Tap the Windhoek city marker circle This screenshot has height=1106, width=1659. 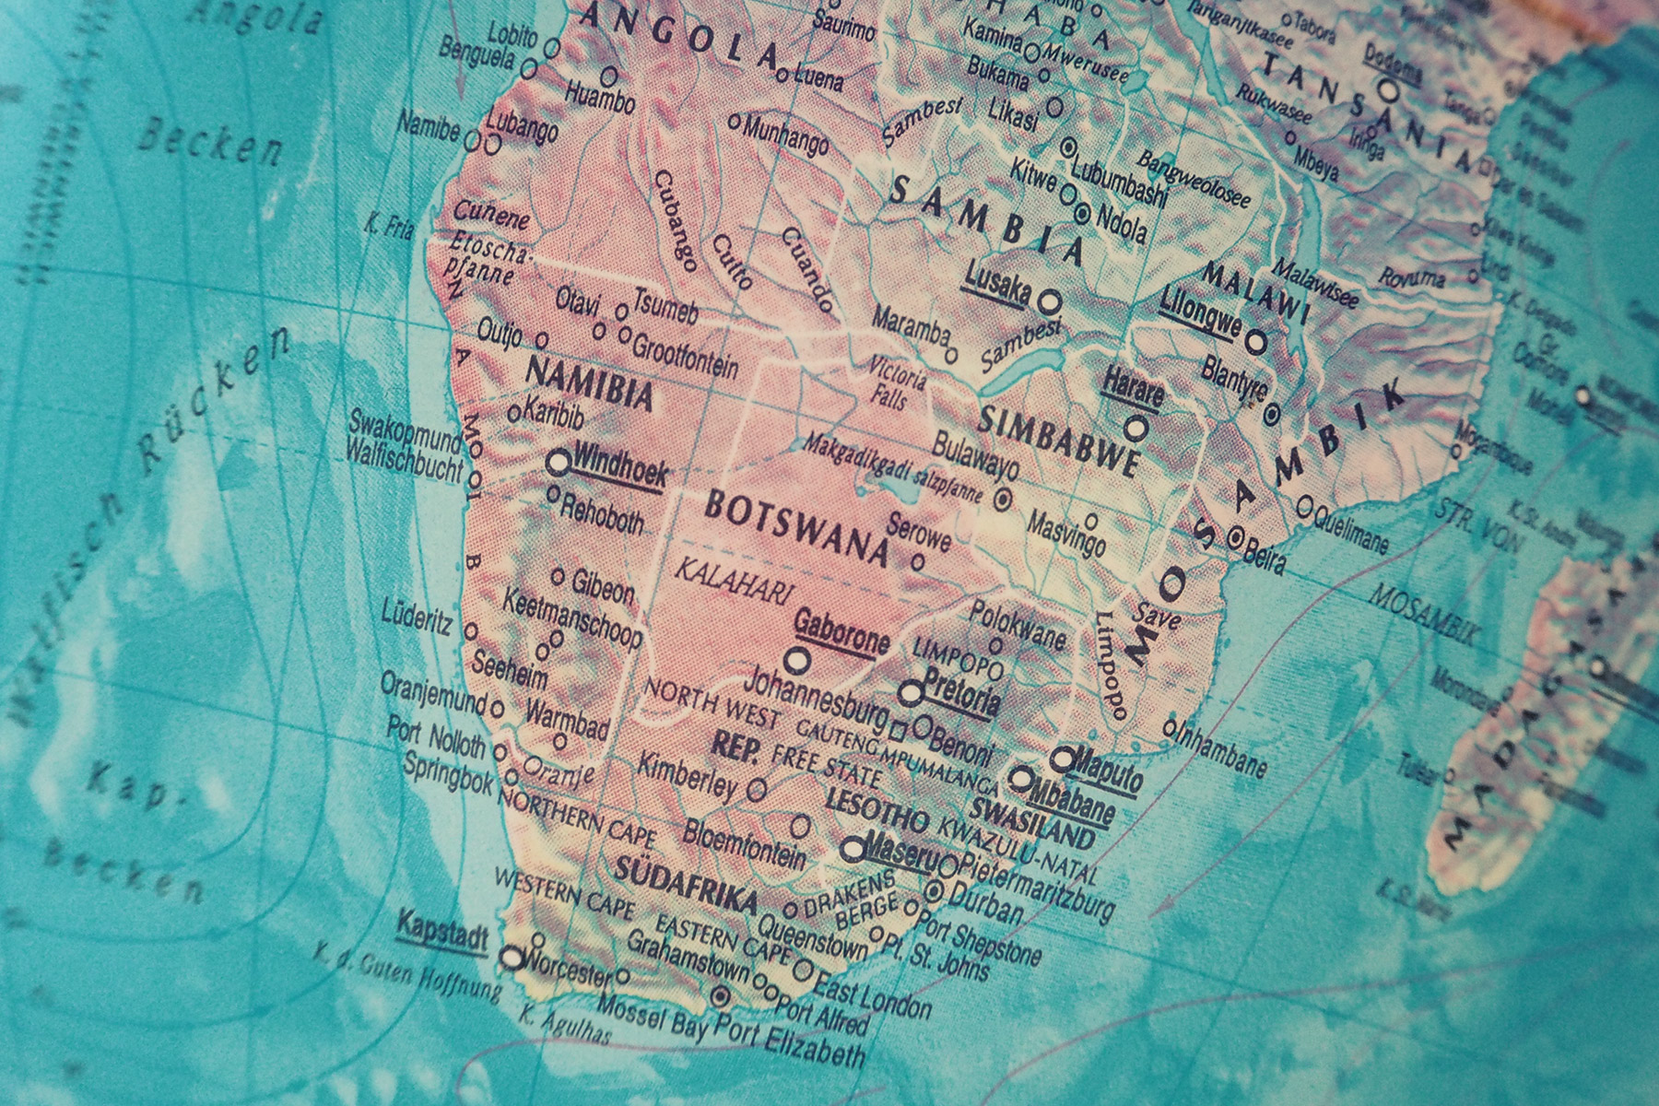click(x=558, y=463)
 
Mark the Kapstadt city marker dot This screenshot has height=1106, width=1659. click(x=512, y=958)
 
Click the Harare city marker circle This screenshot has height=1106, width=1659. click(x=1137, y=429)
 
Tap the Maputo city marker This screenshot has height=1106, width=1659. click(x=1064, y=759)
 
